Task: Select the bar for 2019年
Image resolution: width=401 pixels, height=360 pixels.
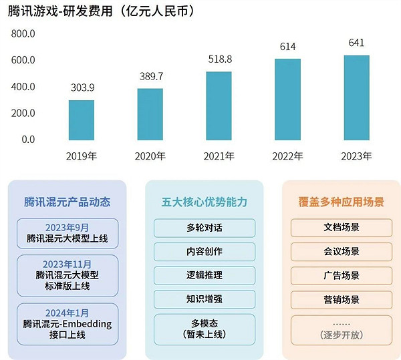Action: click(82, 120)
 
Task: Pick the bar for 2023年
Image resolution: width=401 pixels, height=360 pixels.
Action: click(356, 98)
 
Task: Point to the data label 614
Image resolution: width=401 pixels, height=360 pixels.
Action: click(287, 47)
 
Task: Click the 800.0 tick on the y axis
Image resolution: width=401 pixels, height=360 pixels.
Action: click(23, 33)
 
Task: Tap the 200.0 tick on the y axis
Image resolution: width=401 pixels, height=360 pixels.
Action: click(23, 113)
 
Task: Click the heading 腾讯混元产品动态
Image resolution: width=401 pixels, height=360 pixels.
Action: click(67, 201)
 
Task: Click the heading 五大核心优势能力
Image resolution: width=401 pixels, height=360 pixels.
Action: click(204, 201)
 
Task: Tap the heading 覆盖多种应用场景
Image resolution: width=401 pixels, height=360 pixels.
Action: click(341, 201)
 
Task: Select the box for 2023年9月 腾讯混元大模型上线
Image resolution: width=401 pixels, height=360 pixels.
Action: click(67, 232)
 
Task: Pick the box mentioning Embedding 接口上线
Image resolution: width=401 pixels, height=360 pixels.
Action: click(67, 324)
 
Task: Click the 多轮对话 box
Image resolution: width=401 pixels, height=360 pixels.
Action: click(204, 228)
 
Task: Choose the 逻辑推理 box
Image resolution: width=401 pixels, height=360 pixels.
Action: click(204, 275)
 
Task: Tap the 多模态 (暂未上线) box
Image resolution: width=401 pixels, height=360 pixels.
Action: click(204, 328)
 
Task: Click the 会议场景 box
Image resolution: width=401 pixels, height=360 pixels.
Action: click(341, 252)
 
